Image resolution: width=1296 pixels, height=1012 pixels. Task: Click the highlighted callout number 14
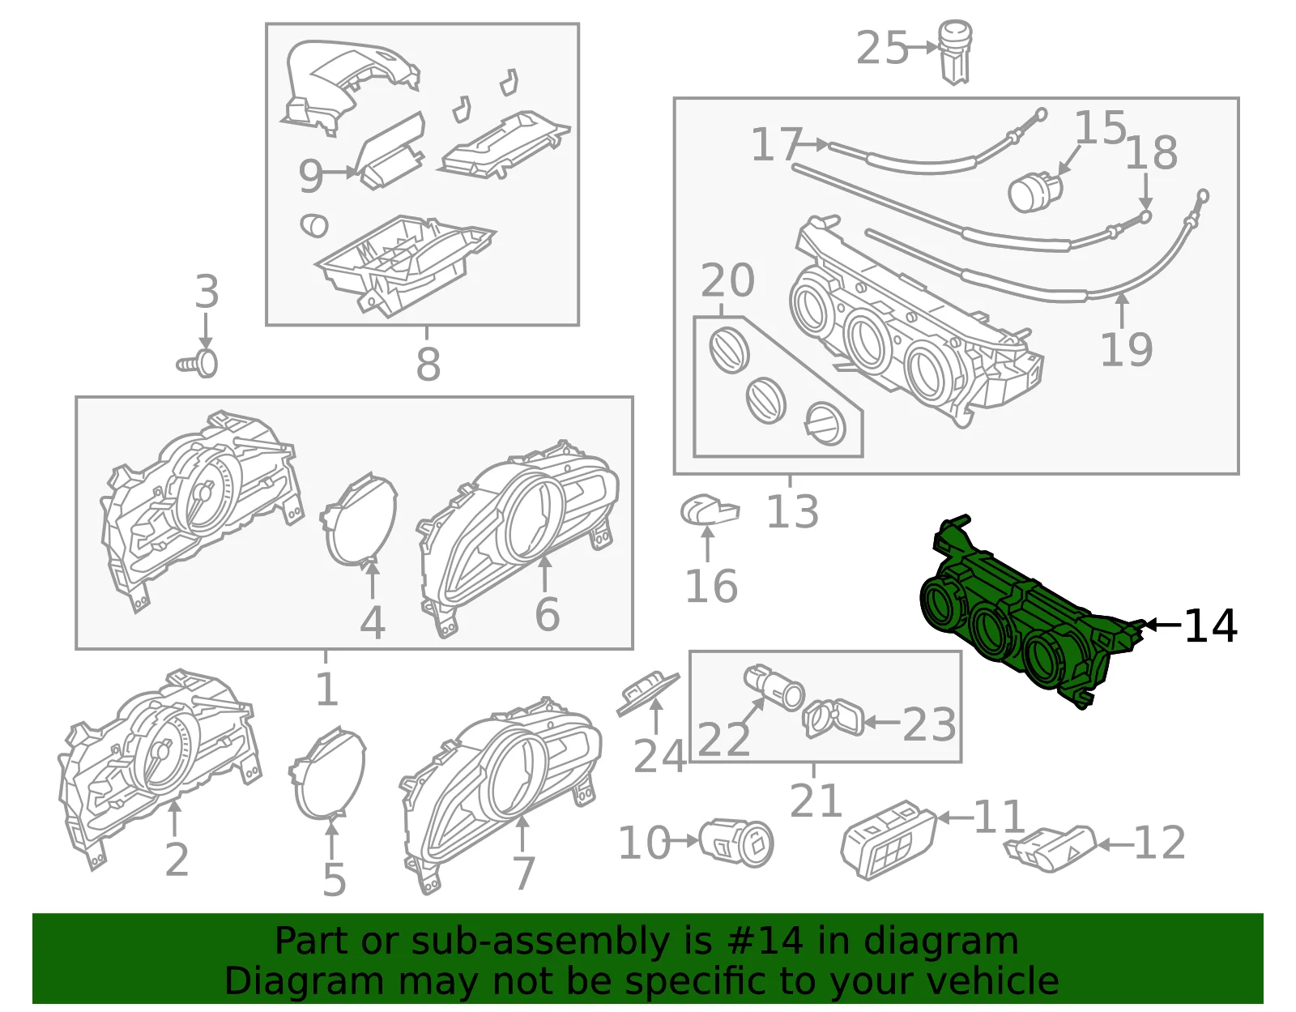tap(1210, 626)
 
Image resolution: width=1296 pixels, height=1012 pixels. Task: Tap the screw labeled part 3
tap(198, 363)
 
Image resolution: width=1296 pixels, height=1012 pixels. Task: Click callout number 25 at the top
tap(881, 48)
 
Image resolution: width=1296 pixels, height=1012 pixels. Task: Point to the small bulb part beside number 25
tap(956, 53)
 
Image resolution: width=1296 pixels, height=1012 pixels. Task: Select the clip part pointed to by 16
tap(710, 510)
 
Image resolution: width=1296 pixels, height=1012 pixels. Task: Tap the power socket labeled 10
tap(736, 843)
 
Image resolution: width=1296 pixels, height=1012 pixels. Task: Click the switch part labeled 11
tap(888, 839)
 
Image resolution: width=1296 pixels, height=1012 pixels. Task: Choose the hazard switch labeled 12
tap(1050, 849)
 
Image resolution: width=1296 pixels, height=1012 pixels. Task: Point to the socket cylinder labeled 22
tap(774, 687)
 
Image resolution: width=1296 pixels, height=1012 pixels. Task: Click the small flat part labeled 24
tap(648, 694)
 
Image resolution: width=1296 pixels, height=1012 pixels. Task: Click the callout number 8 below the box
tap(428, 363)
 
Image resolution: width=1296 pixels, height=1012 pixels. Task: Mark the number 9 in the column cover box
tap(311, 176)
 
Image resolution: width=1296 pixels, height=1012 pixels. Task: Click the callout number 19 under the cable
tap(1126, 349)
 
